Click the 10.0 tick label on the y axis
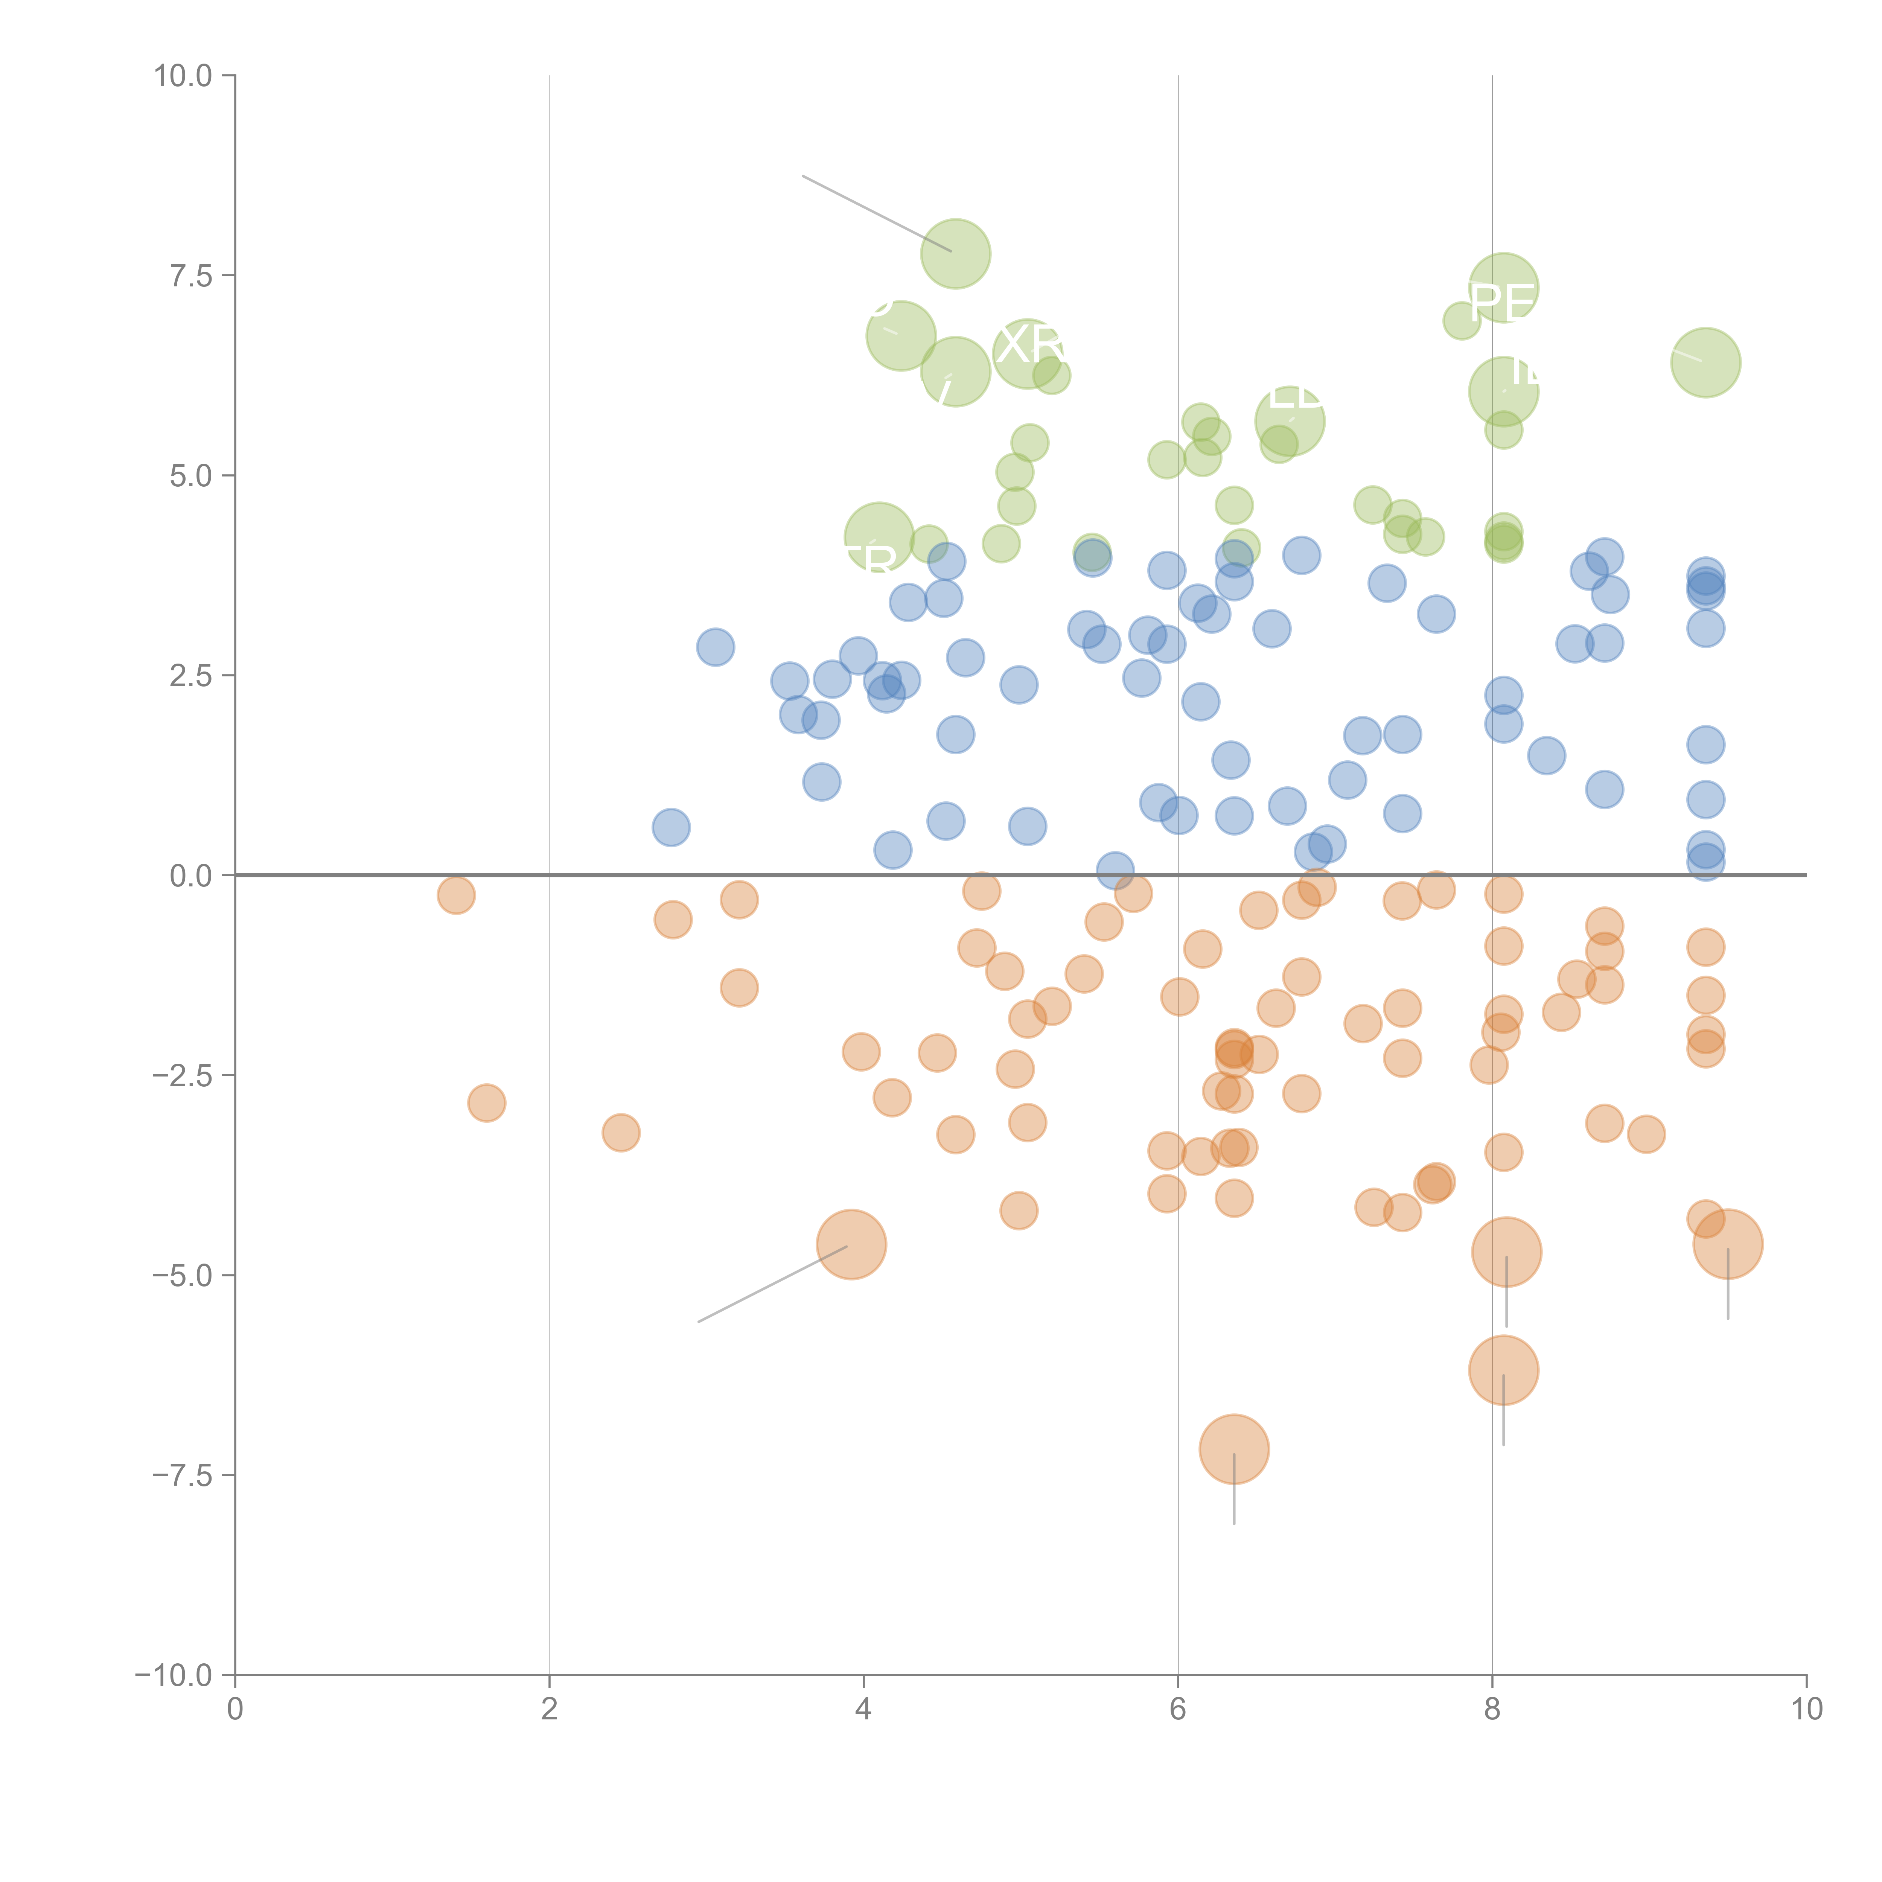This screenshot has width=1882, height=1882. (183, 76)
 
